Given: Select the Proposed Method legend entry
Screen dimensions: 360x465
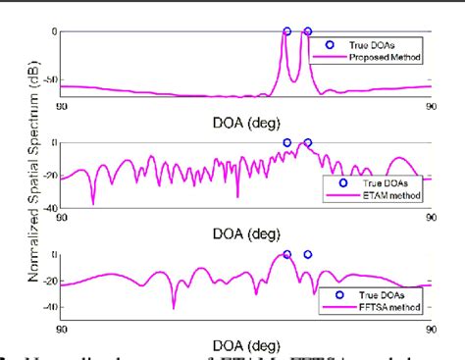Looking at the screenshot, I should [x=387, y=59].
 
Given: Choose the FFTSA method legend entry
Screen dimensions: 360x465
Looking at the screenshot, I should [x=390, y=307].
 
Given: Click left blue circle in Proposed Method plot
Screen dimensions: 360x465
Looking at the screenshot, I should [x=286, y=31].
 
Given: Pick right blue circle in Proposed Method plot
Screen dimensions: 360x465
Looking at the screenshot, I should [x=307, y=31].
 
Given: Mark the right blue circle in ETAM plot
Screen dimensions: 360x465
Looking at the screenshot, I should [x=307, y=142].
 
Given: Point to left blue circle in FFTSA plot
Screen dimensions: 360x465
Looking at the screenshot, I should [x=286, y=254].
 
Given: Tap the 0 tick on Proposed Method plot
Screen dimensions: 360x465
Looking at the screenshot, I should [x=55, y=31].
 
